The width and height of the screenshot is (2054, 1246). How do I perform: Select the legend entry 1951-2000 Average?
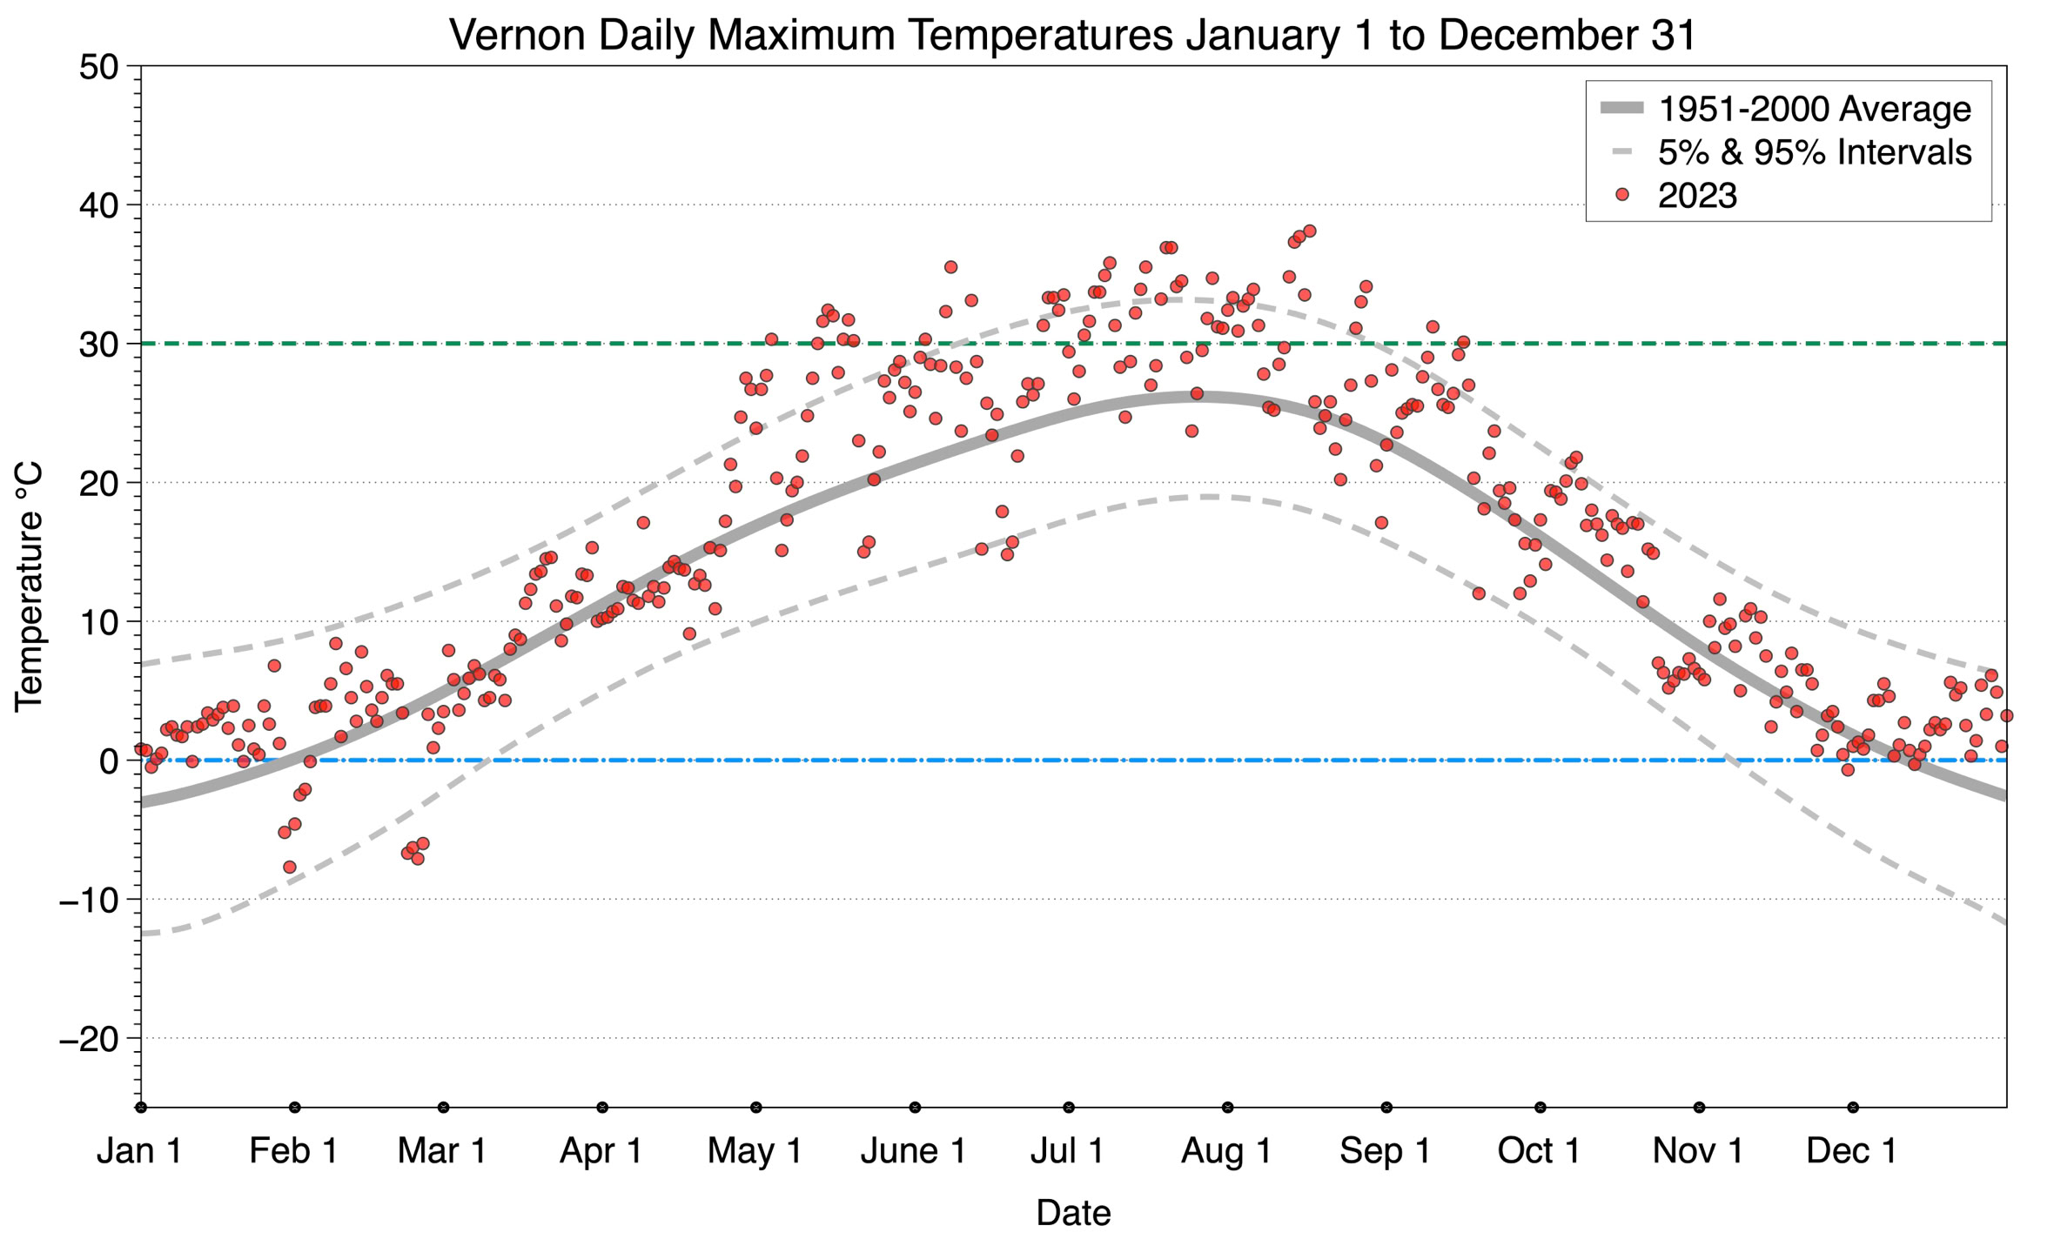click(x=1814, y=110)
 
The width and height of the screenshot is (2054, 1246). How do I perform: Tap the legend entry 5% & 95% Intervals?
click(x=1814, y=152)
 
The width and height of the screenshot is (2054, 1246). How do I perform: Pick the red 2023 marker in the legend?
click(x=1621, y=195)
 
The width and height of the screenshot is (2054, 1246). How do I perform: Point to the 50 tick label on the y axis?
click(x=98, y=67)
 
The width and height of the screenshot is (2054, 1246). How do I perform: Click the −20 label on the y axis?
click(x=88, y=1039)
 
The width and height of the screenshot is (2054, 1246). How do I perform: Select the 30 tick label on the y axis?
click(x=98, y=345)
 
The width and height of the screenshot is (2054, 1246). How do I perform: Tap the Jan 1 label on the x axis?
click(x=139, y=1151)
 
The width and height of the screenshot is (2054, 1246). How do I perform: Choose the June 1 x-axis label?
click(x=913, y=1151)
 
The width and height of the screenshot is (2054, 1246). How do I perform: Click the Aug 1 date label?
click(x=1225, y=1151)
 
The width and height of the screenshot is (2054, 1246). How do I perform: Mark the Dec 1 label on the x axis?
click(x=1851, y=1151)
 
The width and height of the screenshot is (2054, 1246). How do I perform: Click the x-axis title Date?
click(x=1073, y=1213)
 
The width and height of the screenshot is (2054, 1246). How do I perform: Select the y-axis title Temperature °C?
click(x=29, y=586)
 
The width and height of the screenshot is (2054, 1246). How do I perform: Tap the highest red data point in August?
click(x=1309, y=231)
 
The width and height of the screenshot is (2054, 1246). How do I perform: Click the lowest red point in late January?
click(x=290, y=867)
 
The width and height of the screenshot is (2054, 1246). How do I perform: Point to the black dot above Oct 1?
click(x=1540, y=1108)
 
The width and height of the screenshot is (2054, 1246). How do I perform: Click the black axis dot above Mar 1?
click(x=444, y=1108)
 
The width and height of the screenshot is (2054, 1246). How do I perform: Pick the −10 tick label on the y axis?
click(x=88, y=900)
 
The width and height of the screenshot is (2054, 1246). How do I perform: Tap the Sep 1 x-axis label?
click(x=1385, y=1151)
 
